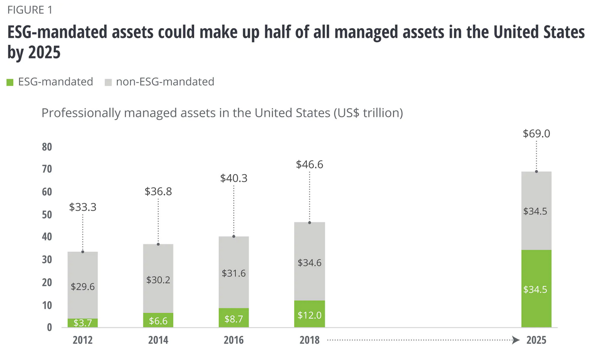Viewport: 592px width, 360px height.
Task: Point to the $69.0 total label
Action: [536, 134]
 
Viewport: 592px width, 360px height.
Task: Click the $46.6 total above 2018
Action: [309, 165]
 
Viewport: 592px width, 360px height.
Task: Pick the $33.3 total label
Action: [83, 207]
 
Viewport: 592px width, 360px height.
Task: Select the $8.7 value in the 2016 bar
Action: [234, 319]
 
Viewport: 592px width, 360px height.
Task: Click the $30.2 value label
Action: [158, 280]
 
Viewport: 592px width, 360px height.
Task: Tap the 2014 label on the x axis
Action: [158, 340]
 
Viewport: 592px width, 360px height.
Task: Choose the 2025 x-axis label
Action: [536, 340]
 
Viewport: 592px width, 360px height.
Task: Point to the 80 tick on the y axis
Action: [47, 147]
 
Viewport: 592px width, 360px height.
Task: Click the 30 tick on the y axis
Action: [47, 260]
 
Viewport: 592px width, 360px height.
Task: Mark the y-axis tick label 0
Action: [49, 328]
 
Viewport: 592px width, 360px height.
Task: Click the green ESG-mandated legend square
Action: [10, 82]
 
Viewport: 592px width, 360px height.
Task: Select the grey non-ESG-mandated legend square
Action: [109, 82]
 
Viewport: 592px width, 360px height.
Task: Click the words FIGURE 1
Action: [30, 10]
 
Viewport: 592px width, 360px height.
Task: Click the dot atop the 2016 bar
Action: [234, 236]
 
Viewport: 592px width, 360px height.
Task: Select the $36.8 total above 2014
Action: [158, 192]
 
